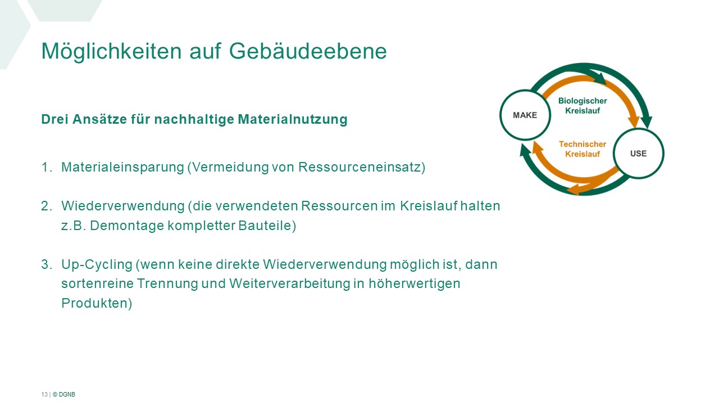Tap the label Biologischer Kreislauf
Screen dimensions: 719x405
coord(583,106)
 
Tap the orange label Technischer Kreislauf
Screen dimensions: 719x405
coord(583,149)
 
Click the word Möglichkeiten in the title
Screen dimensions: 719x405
coord(112,51)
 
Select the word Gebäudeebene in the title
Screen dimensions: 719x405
coord(308,51)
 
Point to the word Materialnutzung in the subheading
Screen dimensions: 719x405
coord(293,119)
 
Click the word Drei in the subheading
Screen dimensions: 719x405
coord(55,119)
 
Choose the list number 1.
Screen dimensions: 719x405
coord(47,167)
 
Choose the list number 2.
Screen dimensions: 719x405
coord(47,206)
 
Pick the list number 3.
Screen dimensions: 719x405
coord(47,264)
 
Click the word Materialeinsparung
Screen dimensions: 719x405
coord(122,168)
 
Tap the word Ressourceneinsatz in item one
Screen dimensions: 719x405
coord(362,168)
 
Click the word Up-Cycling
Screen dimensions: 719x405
coord(97,265)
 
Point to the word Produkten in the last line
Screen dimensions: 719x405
coord(97,303)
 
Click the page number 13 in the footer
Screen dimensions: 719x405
coord(44,394)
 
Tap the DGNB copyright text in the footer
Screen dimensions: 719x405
coord(64,394)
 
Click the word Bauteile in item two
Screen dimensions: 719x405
coord(267,226)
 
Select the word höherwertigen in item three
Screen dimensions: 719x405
coord(415,284)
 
